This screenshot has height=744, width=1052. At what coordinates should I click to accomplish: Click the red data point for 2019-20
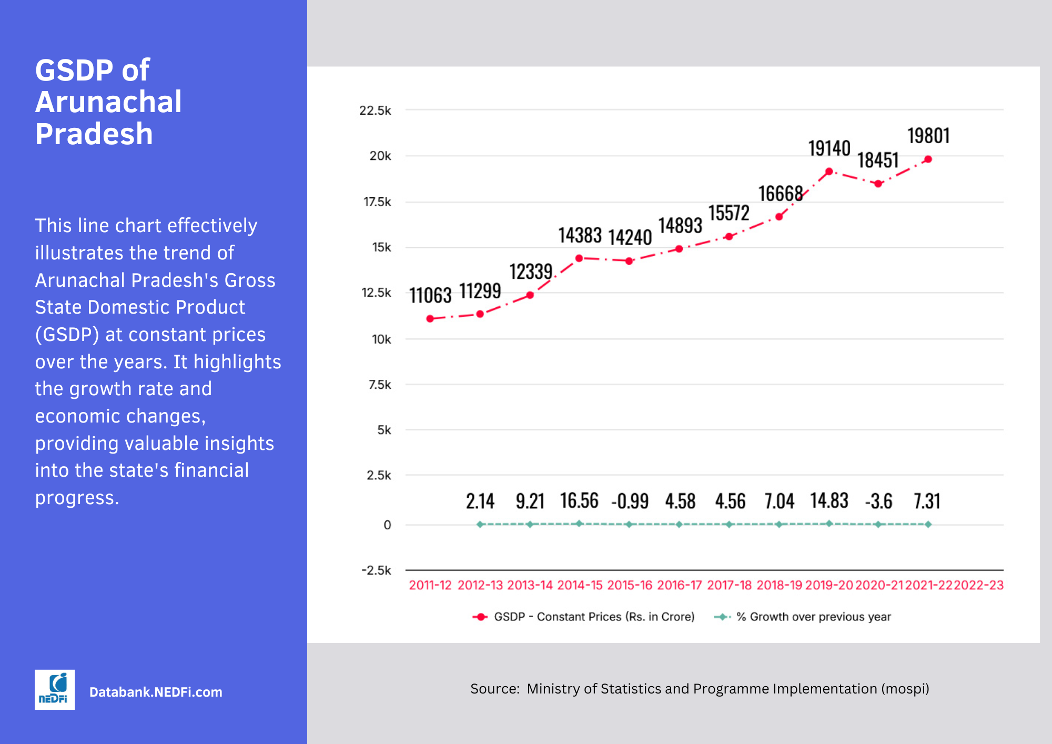pyautogui.click(x=829, y=172)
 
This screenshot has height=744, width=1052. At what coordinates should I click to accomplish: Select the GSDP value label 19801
pyautogui.click(x=928, y=136)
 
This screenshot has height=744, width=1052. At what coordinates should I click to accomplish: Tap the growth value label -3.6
pyautogui.click(x=878, y=501)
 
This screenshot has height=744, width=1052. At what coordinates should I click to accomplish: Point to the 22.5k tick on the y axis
pyautogui.click(x=375, y=110)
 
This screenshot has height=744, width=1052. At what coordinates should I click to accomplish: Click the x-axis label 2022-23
pyautogui.click(x=978, y=585)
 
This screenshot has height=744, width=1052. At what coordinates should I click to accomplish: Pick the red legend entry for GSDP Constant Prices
pyautogui.click(x=584, y=617)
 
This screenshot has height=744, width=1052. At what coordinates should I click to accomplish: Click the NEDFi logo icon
pyautogui.click(x=55, y=689)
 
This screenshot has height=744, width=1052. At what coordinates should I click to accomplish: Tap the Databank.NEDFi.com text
pyautogui.click(x=156, y=692)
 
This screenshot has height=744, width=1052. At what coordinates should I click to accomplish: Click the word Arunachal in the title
pyautogui.click(x=108, y=102)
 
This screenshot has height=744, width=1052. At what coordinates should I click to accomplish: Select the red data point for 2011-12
pyautogui.click(x=430, y=319)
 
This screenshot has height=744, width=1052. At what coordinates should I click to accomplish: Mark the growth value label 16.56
pyautogui.click(x=579, y=501)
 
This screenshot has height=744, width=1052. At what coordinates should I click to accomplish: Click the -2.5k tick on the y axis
pyautogui.click(x=376, y=570)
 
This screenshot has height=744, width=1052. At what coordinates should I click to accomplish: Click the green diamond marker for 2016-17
pyautogui.click(x=679, y=525)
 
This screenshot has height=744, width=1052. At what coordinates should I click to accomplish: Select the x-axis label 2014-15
pyautogui.click(x=580, y=585)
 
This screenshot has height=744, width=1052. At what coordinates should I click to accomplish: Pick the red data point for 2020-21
pyautogui.click(x=878, y=184)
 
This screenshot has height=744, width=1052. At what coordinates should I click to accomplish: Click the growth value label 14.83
pyautogui.click(x=829, y=501)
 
